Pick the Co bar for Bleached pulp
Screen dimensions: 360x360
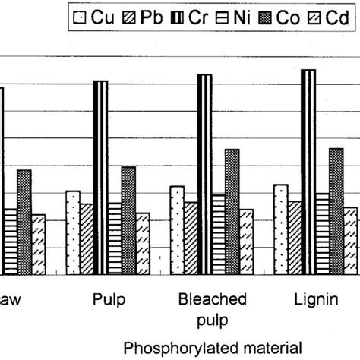[x=232, y=212]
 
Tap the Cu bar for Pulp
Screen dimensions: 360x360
[x=73, y=233]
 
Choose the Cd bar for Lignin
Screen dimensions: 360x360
[x=350, y=242]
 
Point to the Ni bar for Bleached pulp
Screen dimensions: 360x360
[x=218, y=235]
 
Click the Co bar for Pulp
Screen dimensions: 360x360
[x=128, y=221]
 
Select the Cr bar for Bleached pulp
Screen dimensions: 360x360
[x=204, y=175]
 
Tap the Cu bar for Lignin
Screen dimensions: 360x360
[x=280, y=229]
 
